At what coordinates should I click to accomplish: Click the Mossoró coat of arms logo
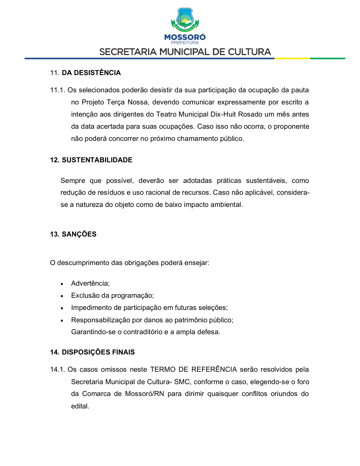tap(185, 20)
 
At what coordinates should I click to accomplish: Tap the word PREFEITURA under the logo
tap(185, 43)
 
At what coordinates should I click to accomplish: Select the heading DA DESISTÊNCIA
tap(91, 73)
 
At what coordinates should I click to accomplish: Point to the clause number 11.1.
tap(58, 90)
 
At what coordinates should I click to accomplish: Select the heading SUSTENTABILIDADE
tap(97, 160)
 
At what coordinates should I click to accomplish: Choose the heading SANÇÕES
tap(79, 234)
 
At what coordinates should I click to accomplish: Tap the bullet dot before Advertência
tap(62, 284)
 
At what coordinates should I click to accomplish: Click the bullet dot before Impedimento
tap(62, 308)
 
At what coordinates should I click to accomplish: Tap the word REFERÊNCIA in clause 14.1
tap(214, 369)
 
